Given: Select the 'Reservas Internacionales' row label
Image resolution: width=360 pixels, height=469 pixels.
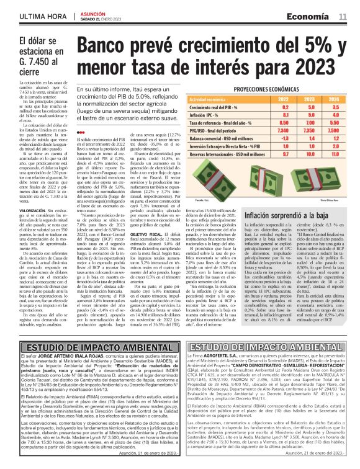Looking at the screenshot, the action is coord(211,154).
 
